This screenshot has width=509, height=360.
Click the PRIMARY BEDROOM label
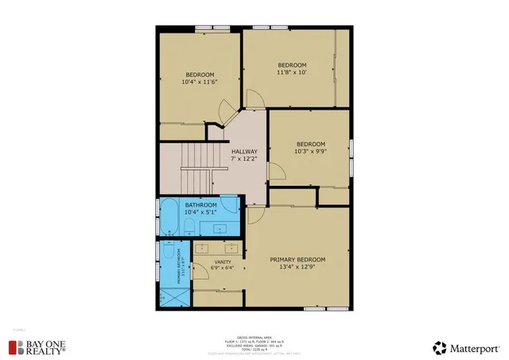(297, 259)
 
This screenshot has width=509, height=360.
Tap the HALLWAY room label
(244, 152)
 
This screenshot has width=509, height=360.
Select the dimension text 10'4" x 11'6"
(200, 81)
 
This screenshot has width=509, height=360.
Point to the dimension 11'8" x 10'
(292, 72)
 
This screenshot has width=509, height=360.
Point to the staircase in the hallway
(197, 158)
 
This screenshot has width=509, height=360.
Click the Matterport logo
(465, 347)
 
